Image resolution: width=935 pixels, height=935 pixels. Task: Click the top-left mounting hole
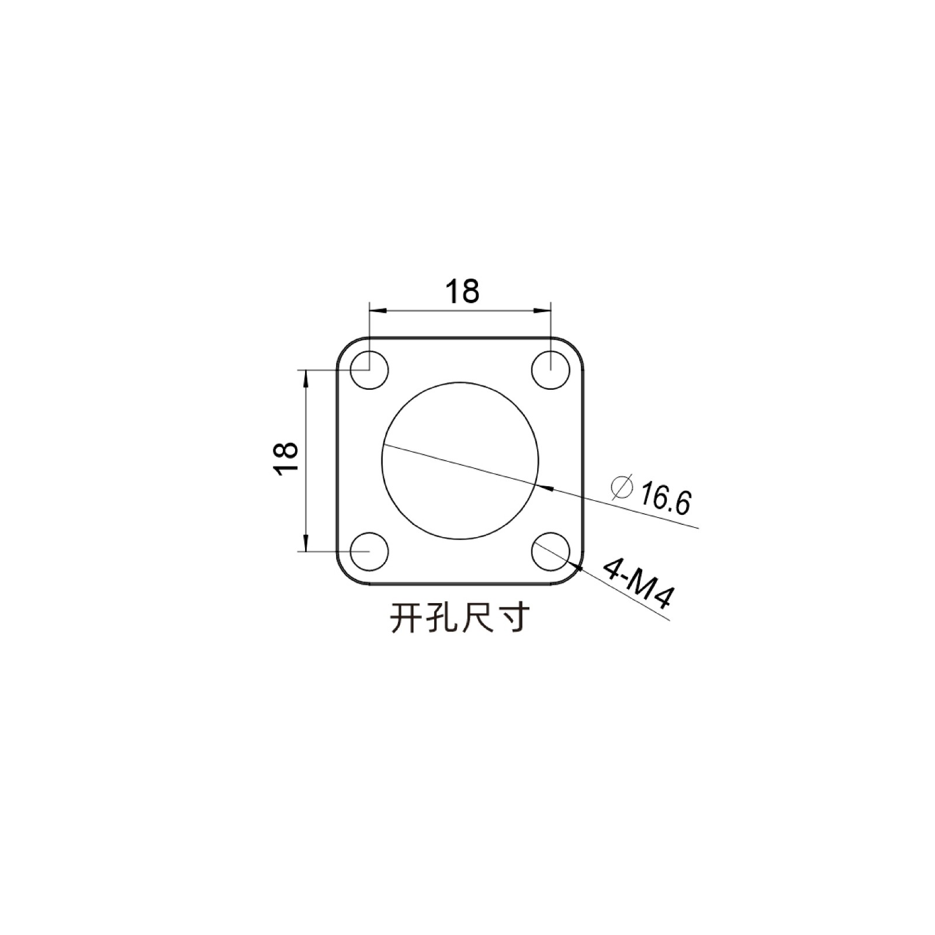[x=369, y=370]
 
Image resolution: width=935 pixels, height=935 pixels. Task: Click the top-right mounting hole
[x=550, y=370]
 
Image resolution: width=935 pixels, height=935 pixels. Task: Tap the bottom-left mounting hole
[x=369, y=551]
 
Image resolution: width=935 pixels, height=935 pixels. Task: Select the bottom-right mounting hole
[x=550, y=551]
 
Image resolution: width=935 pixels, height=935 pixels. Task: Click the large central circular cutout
[x=460, y=460]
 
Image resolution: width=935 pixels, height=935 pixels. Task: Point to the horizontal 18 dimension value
[x=462, y=291]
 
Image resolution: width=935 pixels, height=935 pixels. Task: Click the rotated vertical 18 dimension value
[x=288, y=459]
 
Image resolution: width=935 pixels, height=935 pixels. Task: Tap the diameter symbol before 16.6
[x=621, y=487]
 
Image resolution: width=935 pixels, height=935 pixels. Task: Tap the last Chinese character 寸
[x=514, y=618]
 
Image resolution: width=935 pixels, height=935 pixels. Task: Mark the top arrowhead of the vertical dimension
[x=305, y=377]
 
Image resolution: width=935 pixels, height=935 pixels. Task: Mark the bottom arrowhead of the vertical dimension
[x=305, y=544]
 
